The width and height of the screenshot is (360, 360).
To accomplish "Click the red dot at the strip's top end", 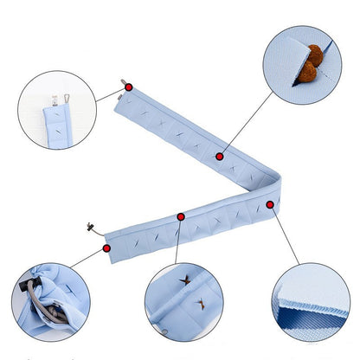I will [128, 87].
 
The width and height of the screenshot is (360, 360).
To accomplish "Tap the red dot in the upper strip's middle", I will [220, 157].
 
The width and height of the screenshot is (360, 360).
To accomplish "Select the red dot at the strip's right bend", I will [270, 204].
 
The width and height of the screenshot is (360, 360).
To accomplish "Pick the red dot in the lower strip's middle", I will [181, 216].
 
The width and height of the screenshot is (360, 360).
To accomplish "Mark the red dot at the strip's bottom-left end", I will [106, 247].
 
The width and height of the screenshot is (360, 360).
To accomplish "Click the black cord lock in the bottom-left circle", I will [32, 286].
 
